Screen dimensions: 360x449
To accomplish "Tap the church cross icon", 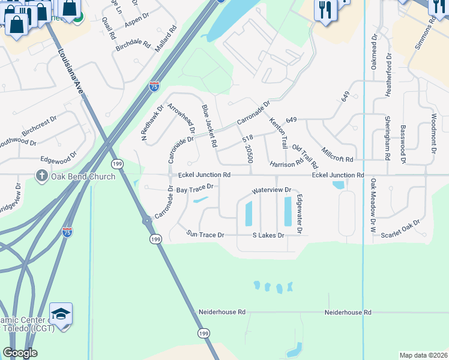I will tap(41, 176).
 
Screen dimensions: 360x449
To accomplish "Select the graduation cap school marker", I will tap(61, 314).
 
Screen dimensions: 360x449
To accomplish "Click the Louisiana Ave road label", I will tap(71, 70).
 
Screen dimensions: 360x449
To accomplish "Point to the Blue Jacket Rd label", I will tap(209, 126).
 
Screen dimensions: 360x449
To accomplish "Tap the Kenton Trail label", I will tap(278, 133).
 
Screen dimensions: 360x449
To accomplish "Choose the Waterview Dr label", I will tap(271, 190).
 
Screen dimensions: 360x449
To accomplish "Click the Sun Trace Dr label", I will tap(205, 234).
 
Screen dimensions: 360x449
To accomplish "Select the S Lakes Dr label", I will tap(268, 235).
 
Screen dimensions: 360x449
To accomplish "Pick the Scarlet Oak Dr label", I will tap(400, 230).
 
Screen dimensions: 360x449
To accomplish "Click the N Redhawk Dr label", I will tap(152, 124).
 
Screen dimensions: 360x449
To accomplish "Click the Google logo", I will tap(20, 353).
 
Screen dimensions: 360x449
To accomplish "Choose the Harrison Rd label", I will tap(286, 164).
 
